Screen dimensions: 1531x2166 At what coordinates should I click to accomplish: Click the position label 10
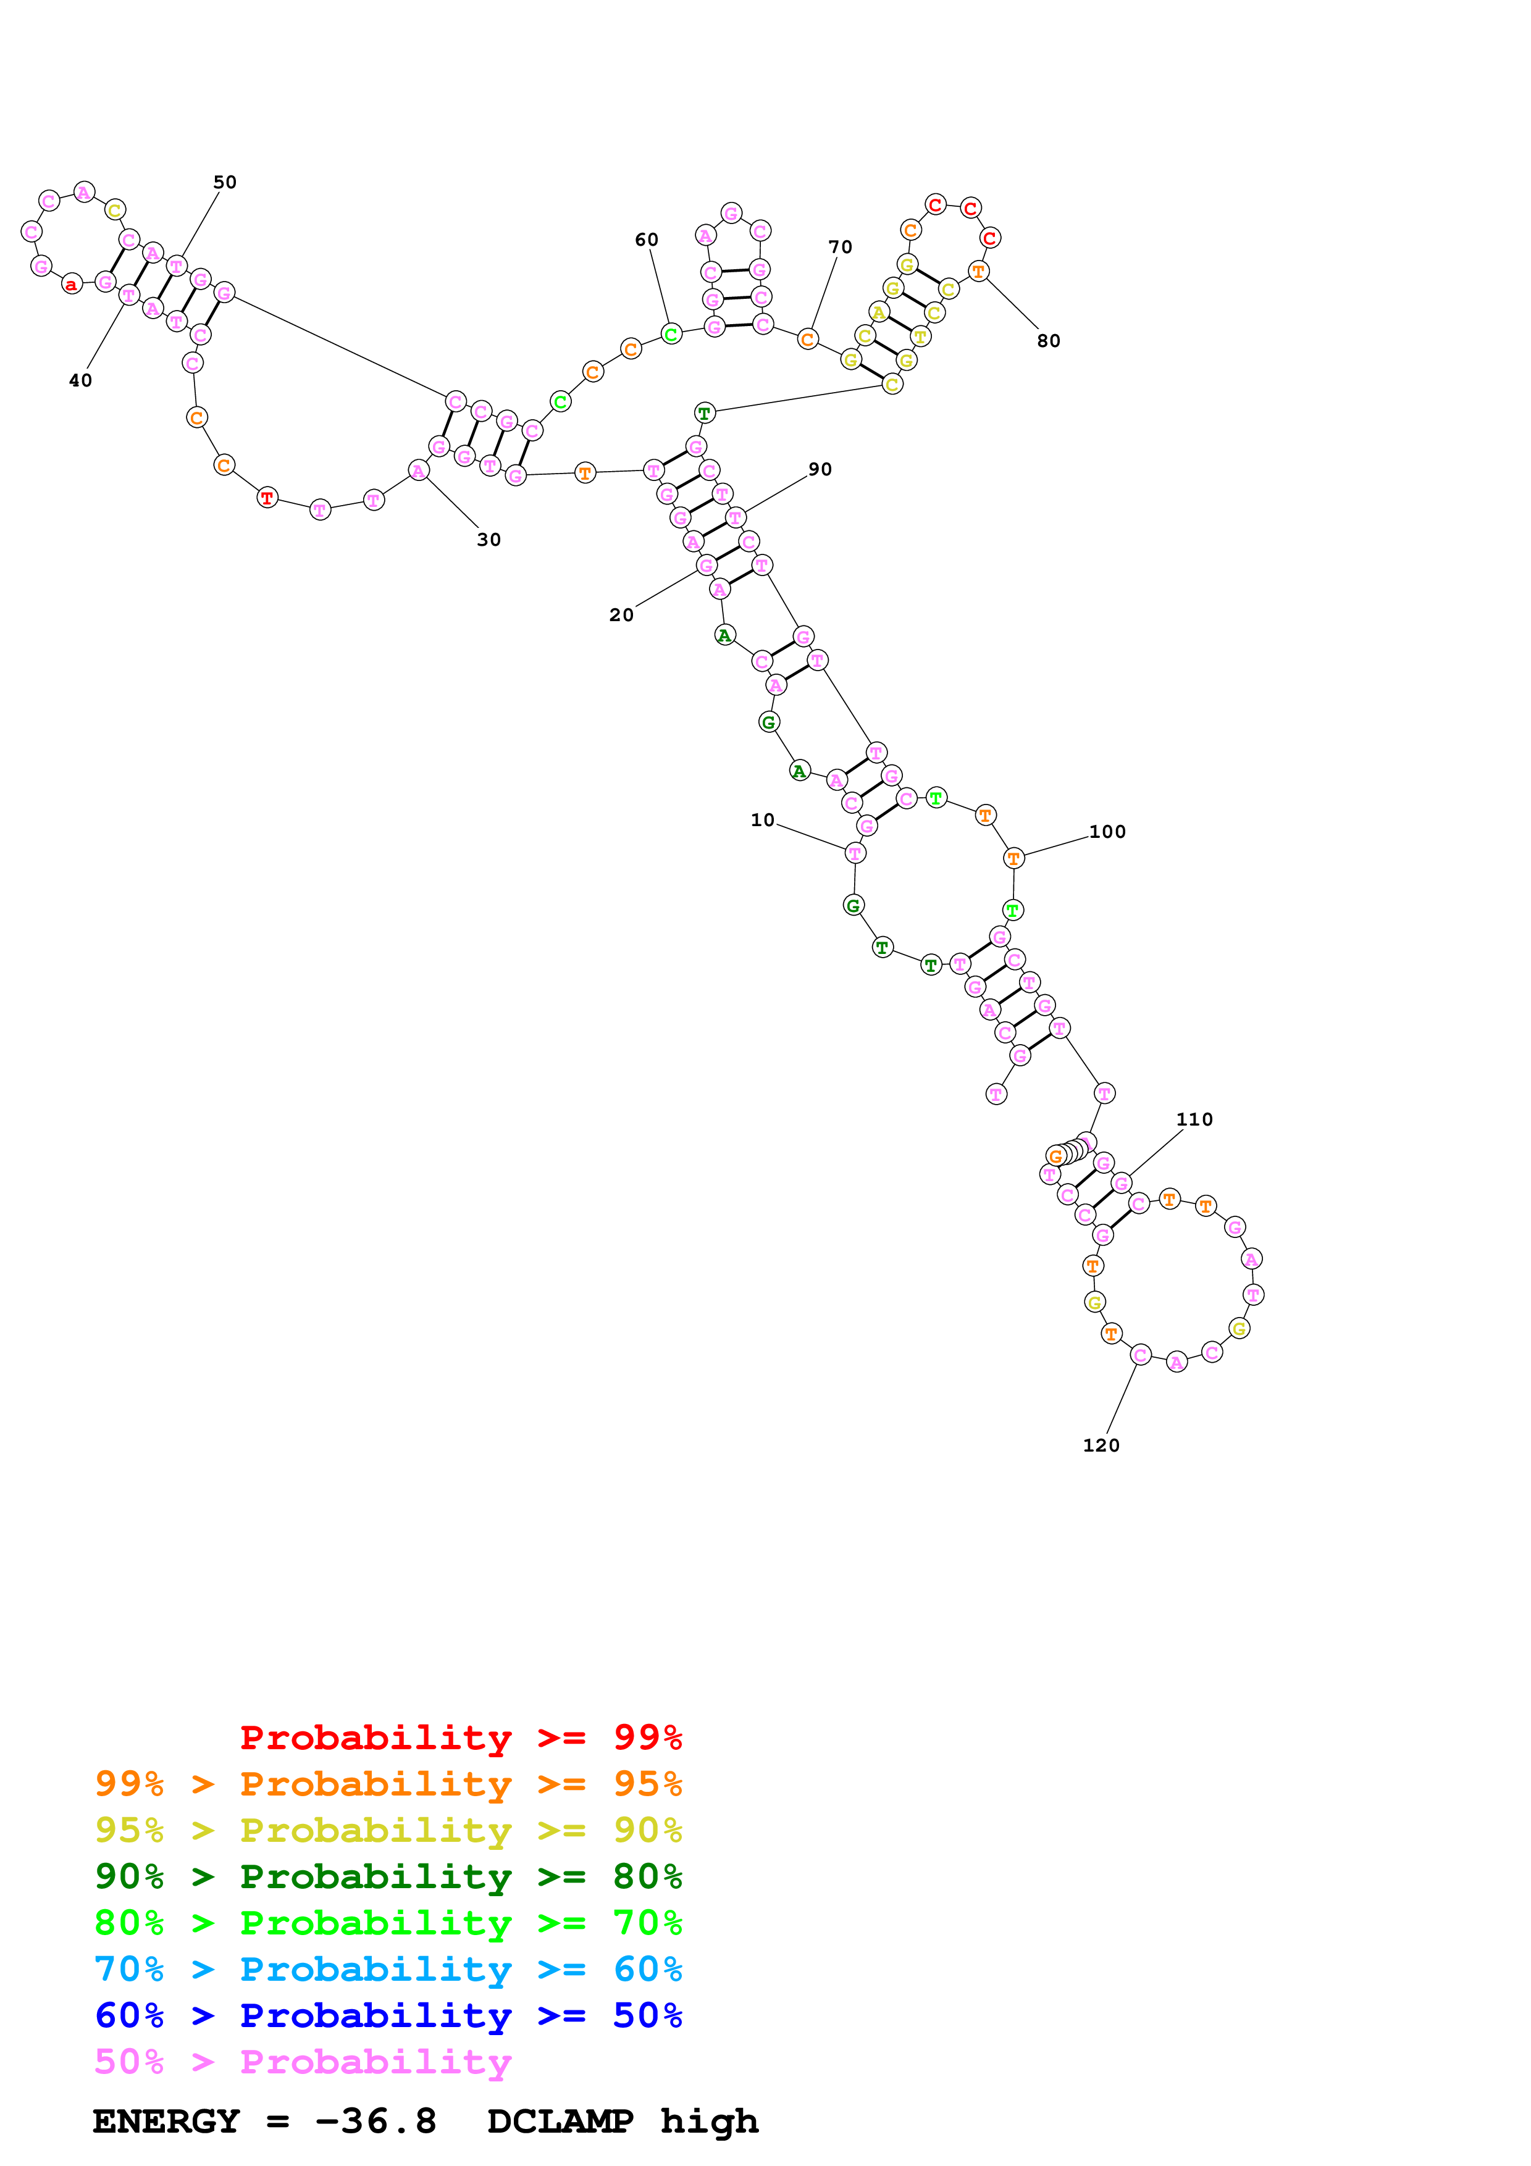[762, 820]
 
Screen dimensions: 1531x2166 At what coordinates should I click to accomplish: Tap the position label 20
[621, 615]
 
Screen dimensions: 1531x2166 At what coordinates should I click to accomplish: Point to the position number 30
[489, 540]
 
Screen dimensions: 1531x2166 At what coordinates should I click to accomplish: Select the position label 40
[80, 380]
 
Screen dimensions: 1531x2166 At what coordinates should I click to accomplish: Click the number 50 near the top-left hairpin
[225, 182]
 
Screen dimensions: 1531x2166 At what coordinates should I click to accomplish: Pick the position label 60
[646, 240]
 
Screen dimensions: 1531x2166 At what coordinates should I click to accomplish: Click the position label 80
[1048, 341]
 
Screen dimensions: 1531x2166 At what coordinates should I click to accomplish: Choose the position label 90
[820, 469]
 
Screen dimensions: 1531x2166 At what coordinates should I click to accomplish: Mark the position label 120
[1101, 1445]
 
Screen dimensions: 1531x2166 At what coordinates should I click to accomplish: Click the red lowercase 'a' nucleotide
[72, 284]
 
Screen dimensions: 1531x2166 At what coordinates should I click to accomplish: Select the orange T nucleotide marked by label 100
[1013, 858]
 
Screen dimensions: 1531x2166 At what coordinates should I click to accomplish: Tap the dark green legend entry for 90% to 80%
[388, 1876]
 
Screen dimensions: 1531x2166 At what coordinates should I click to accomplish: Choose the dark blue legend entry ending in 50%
[388, 2015]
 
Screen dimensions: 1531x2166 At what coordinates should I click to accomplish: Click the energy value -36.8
[375, 2121]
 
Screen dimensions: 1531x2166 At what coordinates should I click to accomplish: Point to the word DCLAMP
[560, 2121]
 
